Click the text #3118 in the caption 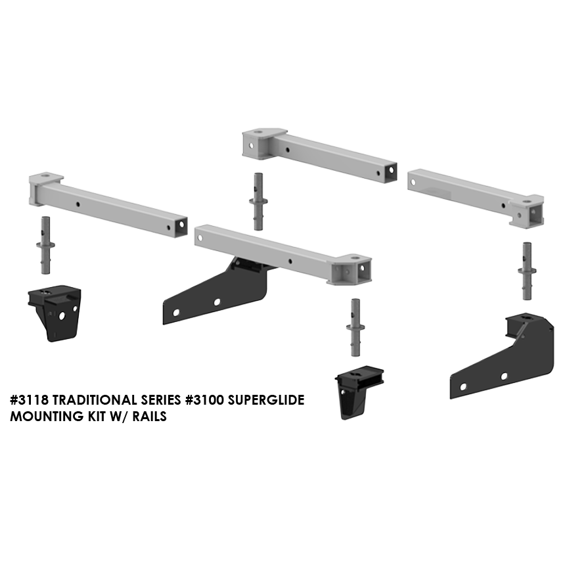coord(29,400)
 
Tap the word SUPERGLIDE coord(264,400)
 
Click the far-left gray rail coord(108,204)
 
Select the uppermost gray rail coord(320,155)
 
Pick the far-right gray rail coord(476,198)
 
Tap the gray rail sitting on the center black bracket coord(283,254)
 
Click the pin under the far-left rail coord(45,245)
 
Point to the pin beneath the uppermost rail coord(258,202)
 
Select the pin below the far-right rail coord(527,271)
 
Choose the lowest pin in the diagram coord(355,328)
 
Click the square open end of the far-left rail coord(180,225)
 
